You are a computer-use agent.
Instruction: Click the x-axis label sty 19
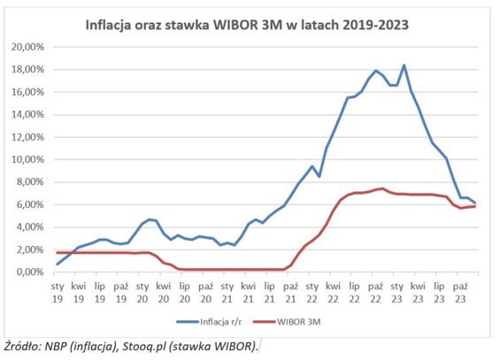point(58,292)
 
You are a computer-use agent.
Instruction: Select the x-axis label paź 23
point(461,292)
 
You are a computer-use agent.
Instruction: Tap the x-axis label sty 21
point(227,292)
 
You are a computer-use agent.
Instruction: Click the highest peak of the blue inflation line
point(403,65)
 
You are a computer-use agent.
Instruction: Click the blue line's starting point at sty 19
point(58,264)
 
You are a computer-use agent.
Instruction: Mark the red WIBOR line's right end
point(475,206)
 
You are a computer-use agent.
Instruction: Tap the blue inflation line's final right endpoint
point(475,203)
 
